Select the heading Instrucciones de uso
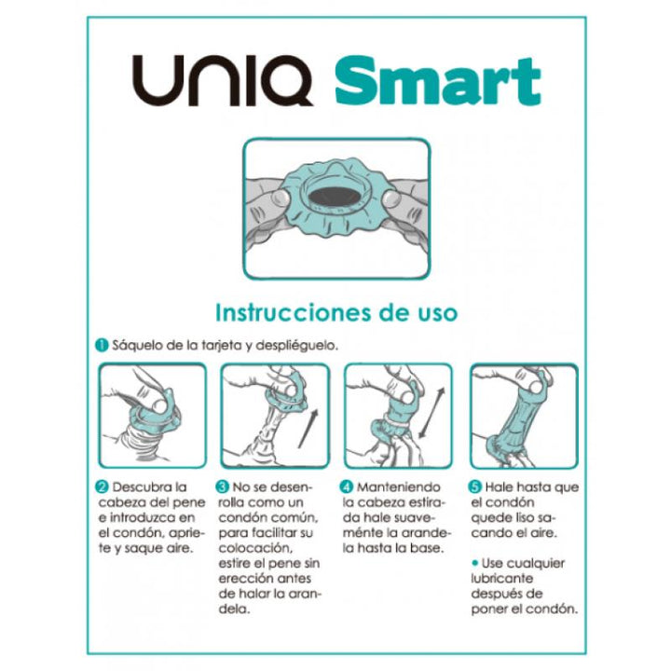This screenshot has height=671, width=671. [x=336, y=312]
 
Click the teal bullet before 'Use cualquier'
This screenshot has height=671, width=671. [x=475, y=564]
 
